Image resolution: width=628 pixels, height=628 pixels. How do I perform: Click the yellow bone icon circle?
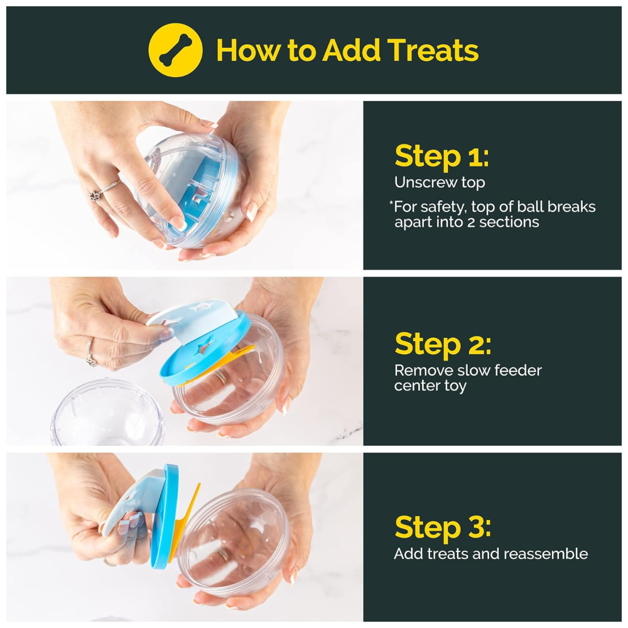175,50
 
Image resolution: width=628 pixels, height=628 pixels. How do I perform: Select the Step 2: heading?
443,344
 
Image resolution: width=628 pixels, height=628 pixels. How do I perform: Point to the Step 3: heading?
443,527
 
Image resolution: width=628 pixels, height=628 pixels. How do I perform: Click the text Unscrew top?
440,183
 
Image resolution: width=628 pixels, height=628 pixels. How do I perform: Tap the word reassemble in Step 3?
546,554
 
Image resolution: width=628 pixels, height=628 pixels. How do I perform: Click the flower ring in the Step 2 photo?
91,359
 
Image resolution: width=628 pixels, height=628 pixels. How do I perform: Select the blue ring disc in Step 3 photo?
165,517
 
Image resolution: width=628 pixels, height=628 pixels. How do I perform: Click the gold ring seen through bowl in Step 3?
223,555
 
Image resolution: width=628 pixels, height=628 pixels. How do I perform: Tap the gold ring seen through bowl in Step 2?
220,376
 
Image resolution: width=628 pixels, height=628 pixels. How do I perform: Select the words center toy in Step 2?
430,386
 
